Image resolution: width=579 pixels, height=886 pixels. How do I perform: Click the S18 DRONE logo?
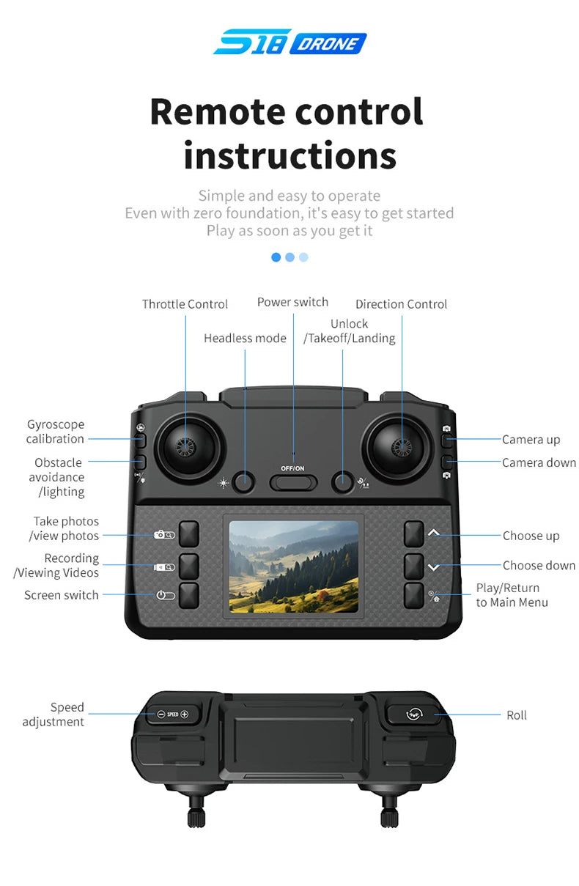pos(290,42)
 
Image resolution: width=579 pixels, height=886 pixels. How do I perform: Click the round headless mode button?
pos(243,482)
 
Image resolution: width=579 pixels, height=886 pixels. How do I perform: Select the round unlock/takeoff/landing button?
pos(342,482)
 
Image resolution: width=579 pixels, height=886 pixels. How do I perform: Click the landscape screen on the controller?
pos(293,566)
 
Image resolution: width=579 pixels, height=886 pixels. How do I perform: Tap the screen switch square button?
pos(189,595)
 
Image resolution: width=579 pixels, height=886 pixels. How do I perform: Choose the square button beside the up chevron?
pos(413,534)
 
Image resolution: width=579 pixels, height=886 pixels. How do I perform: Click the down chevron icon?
pos(434,568)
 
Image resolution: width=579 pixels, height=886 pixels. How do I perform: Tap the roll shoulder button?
pos(413,714)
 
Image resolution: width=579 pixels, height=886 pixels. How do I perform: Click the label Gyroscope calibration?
pos(56,432)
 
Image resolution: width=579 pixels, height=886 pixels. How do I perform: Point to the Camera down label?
pos(539,462)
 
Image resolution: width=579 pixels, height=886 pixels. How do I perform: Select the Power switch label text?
pos(292,302)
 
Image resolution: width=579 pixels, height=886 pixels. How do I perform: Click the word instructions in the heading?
pos(290,155)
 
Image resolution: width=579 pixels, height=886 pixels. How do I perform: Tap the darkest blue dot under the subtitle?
pos(276,257)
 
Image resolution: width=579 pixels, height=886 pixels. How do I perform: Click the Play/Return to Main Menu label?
pos(512,595)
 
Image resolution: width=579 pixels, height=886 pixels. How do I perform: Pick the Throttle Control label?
pos(185,304)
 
